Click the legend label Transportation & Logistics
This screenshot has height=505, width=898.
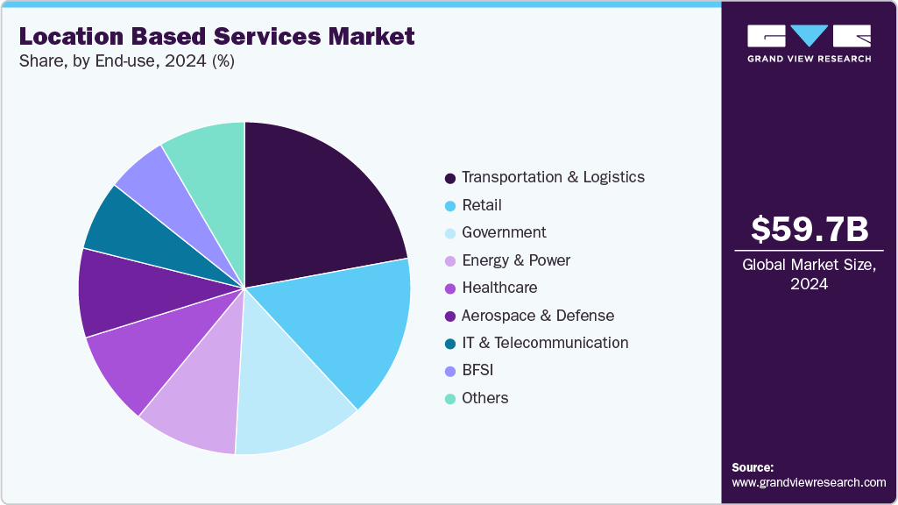click(x=553, y=177)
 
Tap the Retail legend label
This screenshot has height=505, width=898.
click(x=481, y=205)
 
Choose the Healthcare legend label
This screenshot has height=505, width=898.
click(x=499, y=288)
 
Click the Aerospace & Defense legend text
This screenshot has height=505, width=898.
click(x=537, y=316)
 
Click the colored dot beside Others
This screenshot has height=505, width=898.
click(x=449, y=399)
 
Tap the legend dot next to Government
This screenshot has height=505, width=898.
click(x=449, y=233)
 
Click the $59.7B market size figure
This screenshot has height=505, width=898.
click(x=810, y=229)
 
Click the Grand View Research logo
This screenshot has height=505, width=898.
click(x=809, y=43)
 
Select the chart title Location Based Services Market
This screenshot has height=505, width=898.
click(x=216, y=37)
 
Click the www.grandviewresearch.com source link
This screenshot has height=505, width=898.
click(x=809, y=483)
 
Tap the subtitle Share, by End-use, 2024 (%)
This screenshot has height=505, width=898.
click(x=127, y=61)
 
